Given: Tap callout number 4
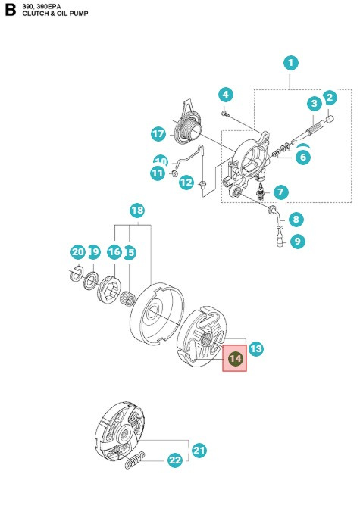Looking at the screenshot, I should [225, 95].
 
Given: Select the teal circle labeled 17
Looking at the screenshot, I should [158, 134].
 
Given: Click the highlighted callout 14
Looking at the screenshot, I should [235, 358].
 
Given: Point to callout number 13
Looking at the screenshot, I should [256, 348].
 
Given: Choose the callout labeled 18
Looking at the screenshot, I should [137, 210].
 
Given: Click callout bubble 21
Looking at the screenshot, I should [199, 450].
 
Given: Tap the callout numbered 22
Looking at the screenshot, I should [175, 460].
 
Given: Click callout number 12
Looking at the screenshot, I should [186, 183].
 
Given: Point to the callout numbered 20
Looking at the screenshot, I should [77, 251].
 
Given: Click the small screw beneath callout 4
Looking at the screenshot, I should [226, 114].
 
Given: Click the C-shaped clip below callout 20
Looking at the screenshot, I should [77, 273].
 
